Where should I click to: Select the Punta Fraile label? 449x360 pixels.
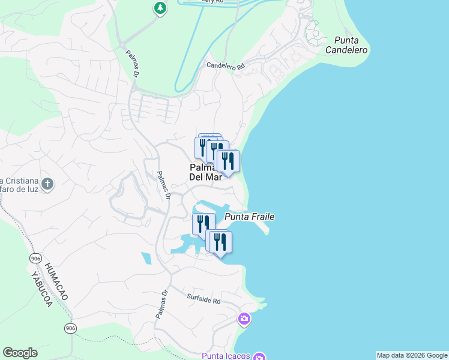pyautogui.click(x=245, y=217)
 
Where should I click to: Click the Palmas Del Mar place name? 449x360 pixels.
pyautogui.click(x=205, y=172)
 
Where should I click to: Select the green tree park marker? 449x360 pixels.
pyautogui.click(x=160, y=8)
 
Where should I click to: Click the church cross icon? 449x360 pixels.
pyautogui.click(x=49, y=184)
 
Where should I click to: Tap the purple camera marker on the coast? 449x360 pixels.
pyautogui.click(x=244, y=318)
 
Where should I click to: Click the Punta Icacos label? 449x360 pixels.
pyautogui.click(x=225, y=356)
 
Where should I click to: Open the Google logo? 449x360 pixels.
pyautogui.click(x=20, y=353)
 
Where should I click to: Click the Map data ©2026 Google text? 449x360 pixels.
pyautogui.click(x=412, y=355)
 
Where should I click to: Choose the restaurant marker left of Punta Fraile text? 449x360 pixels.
pyautogui.click(x=202, y=224)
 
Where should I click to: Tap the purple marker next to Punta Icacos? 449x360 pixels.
pyautogui.click(x=259, y=356)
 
